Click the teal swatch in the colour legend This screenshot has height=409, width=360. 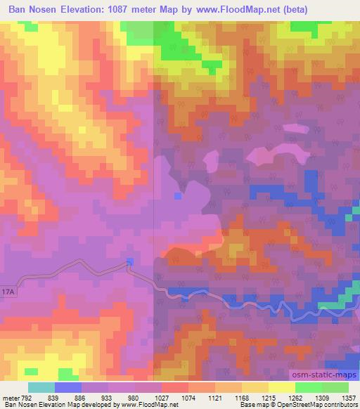[x=41, y=387]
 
